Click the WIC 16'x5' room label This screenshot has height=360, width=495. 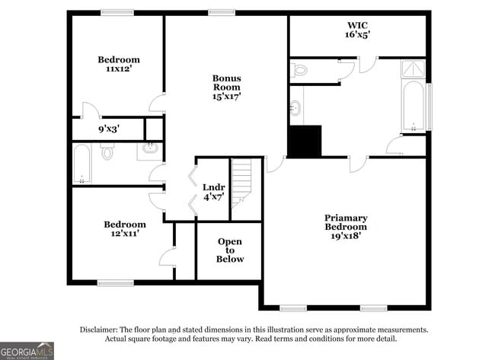click(x=358, y=30)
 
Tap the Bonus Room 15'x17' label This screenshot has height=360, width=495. click(x=226, y=87)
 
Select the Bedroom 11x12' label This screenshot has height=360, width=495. click(x=119, y=64)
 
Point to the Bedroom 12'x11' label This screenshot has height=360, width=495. click(x=125, y=228)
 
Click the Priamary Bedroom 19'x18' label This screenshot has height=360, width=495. click(x=346, y=227)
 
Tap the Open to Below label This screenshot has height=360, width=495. click(x=230, y=250)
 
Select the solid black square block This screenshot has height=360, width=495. click(x=305, y=142)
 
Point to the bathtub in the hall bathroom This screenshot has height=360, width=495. click(x=82, y=164)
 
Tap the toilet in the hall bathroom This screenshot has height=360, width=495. click(x=107, y=153)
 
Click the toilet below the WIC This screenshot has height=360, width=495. click(x=299, y=71)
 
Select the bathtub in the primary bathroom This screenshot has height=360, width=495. click(x=412, y=106)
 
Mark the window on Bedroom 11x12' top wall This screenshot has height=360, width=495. click(x=117, y=12)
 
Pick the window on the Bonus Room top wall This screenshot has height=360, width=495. click(x=221, y=12)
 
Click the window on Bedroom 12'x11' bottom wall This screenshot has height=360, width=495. click(x=115, y=283)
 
